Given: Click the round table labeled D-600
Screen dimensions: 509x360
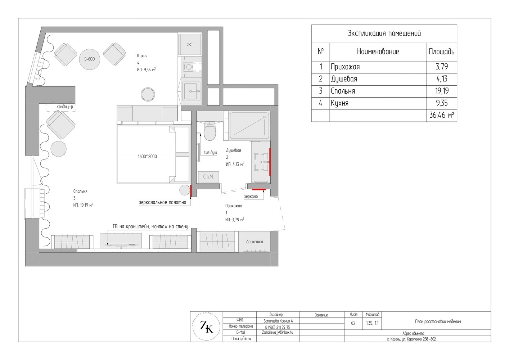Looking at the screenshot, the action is [x=90, y=59].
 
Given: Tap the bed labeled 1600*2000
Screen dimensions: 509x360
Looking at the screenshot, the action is [x=153, y=154].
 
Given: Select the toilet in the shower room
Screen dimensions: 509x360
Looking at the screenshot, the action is [x=210, y=131].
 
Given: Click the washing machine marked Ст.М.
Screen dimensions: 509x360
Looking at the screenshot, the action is [x=208, y=177].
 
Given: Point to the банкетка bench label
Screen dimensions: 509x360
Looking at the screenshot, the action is [x=254, y=242].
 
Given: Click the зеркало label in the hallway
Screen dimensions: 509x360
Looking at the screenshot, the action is [x=251, y=196].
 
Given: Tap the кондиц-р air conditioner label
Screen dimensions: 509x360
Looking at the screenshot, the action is [x=65, y=107].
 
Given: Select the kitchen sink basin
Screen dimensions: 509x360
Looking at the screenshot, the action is [x=192, y=91].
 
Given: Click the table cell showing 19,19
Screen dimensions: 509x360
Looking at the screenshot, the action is [x=442, y=91].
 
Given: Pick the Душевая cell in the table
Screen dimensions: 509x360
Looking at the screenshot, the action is [x=378, y=79].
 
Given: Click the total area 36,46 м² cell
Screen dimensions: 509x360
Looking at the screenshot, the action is [x=442, y=116].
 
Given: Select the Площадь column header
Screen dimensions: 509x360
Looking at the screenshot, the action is [x=442, y=52].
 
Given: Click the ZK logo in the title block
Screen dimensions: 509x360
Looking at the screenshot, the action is [x=207, y=327].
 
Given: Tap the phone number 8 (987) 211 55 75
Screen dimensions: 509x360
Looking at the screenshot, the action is [x=278, y=327].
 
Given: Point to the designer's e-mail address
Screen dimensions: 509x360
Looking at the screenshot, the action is [x=278, y=332].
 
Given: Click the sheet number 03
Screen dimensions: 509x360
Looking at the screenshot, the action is [x=353, y=323].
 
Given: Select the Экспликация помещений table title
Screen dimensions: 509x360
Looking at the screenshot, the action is [x=384, y=33].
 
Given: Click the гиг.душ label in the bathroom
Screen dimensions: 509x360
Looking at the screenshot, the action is [x=211, y=153].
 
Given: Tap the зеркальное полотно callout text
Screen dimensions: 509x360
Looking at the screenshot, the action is [x=162, y=202].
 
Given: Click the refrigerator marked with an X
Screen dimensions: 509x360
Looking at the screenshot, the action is [x=189, y=45].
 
